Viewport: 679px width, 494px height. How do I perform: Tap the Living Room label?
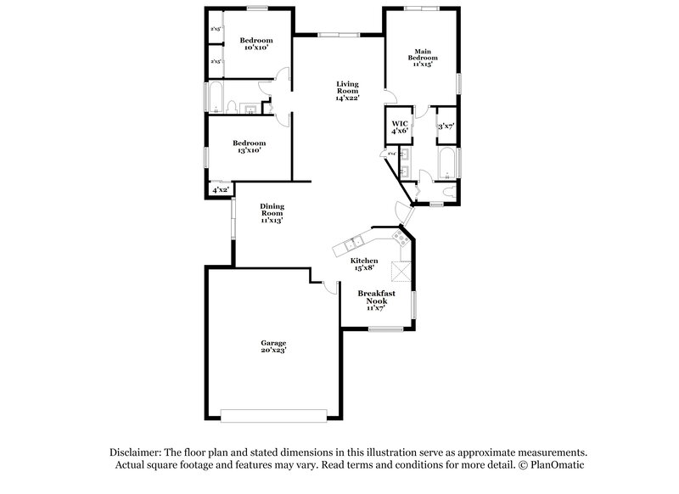pos(347,90)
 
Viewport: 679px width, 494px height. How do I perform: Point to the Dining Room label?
pos(272,212)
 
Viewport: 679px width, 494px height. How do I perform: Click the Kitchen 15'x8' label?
pos(364,264)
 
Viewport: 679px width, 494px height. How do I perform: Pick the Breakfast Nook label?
pos(377,300)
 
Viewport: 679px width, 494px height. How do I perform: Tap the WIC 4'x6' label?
pos(400,126)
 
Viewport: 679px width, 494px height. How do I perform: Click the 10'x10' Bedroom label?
pos(255,45)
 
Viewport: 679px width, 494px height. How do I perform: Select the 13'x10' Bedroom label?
pos(250,147)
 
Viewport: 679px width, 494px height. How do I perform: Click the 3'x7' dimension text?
pos(446,126)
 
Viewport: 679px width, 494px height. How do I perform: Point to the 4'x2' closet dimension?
pos(219,190)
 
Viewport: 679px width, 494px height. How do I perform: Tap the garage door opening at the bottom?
pos(273,416)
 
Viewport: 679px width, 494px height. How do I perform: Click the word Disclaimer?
pos(136,452)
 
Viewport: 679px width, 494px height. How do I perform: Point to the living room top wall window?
pos(333,34)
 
